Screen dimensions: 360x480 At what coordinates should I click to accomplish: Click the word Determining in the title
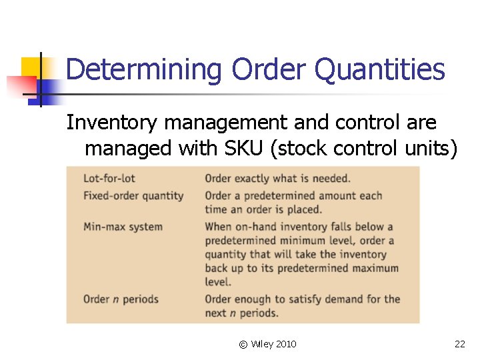[144, 69]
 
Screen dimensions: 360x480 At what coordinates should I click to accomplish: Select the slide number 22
[459, 344]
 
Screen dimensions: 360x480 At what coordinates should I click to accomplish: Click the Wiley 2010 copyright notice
[267, 344]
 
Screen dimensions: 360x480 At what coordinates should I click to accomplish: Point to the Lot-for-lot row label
[109, 179]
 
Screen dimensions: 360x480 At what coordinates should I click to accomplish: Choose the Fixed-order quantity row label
[133, 196]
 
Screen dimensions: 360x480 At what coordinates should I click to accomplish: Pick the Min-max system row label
[123, 227]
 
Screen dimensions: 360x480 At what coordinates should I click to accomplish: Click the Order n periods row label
[121, 299]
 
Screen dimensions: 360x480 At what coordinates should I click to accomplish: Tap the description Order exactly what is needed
[277, 179]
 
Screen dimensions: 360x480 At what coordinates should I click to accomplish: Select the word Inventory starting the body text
[112, 123]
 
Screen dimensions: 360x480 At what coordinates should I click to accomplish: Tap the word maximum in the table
[370, 269]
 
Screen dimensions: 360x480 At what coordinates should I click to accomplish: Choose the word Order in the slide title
[263, 69]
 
